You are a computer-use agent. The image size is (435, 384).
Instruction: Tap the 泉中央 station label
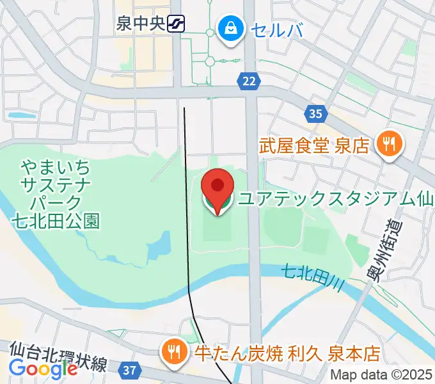click(141, 25)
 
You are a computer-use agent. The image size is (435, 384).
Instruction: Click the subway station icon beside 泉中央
click(175, 25)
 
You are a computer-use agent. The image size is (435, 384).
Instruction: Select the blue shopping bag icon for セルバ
click(228, 28)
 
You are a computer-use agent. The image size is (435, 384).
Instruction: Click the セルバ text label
click(276, 29)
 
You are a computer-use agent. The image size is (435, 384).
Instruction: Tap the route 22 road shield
click(249, 80)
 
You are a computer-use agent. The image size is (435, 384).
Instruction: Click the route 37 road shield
click(130, 370)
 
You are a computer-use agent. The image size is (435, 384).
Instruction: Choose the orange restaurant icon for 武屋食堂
click(388, 143)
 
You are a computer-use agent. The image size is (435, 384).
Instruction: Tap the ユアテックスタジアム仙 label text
click(336, 200)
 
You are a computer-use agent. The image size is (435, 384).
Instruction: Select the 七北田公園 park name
click(56, 221)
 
